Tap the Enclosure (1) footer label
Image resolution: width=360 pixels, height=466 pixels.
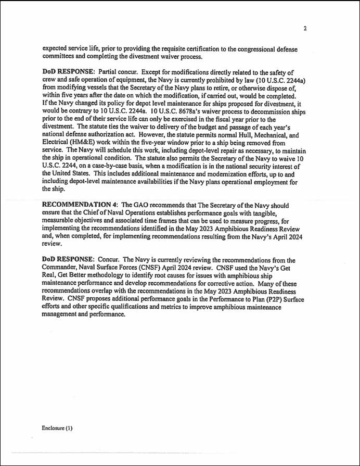57,428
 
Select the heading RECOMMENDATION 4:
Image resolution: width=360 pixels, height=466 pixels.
80,206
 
